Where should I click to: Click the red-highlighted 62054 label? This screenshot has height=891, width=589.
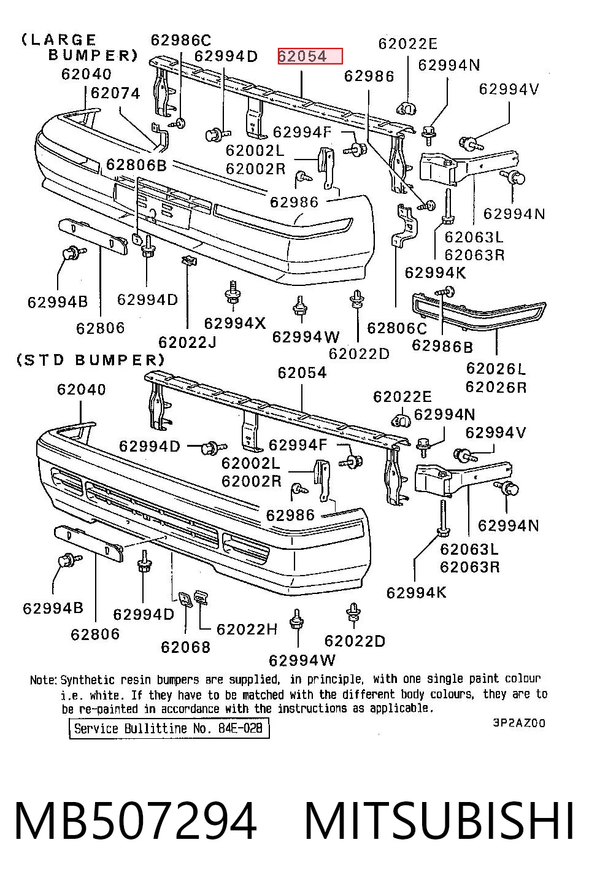coord(310,56)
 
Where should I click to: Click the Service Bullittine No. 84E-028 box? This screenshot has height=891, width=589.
coord(169,729)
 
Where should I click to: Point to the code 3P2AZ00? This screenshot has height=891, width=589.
coord(519,723)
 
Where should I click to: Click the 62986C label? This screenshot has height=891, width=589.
coord(181,40)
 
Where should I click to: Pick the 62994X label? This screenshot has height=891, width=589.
coord(234,323)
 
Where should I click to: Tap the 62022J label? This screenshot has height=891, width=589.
coord(187,342)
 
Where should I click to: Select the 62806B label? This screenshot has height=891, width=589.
coord(136,164)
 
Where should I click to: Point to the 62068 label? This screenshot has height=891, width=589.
coord(185,647)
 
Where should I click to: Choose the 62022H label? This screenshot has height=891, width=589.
coord(247,629)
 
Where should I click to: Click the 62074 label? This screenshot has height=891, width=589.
coord(115,93)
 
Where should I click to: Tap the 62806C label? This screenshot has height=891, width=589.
coord(396,328)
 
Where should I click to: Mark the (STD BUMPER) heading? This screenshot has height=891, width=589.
coord(91,360)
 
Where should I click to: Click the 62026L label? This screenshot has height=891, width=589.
coord(496,369)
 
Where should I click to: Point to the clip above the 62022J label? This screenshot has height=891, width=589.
coord(190,260)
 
